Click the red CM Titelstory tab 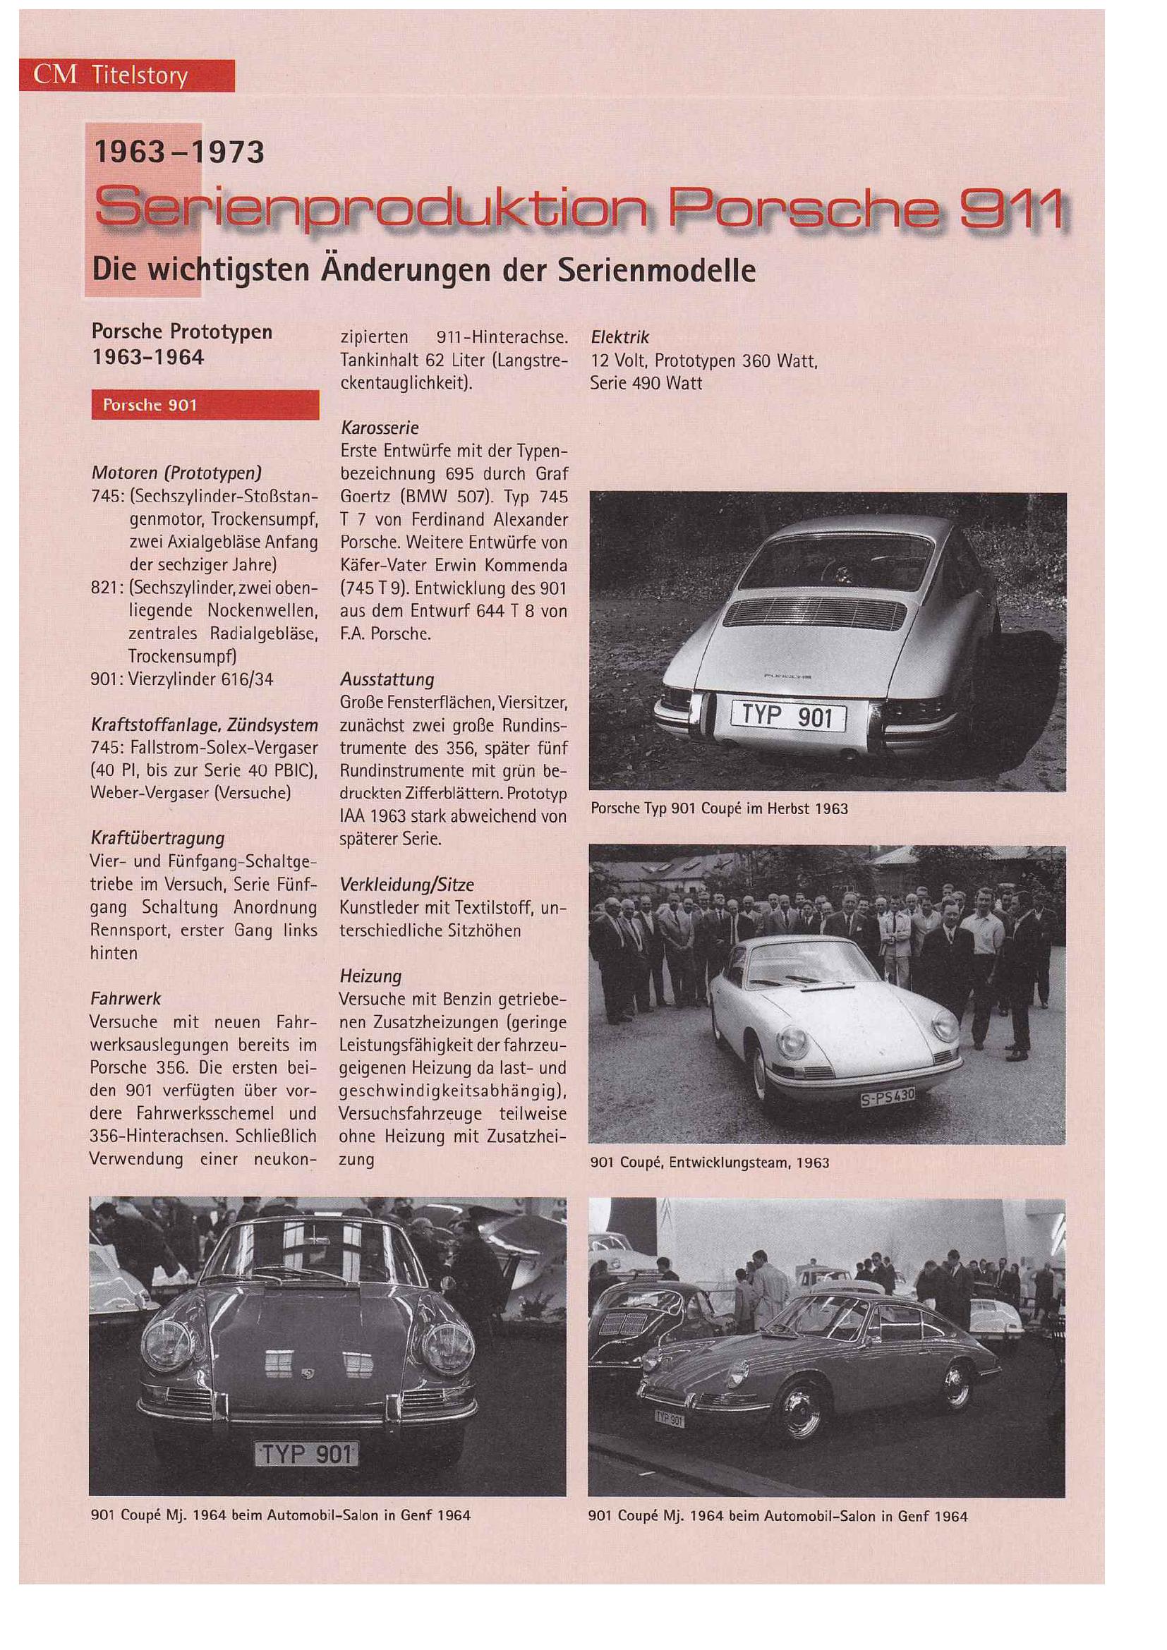126,75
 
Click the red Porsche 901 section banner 205,405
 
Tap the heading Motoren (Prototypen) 176,473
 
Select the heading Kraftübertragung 157,838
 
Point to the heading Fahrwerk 126,998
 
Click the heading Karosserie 380,428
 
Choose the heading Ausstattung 387,679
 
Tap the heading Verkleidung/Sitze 406,885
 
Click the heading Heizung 370,976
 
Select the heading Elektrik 619,337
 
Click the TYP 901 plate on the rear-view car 787,717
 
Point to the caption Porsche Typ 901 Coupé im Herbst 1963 718,808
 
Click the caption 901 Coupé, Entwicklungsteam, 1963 709,1163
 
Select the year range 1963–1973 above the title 179,152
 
